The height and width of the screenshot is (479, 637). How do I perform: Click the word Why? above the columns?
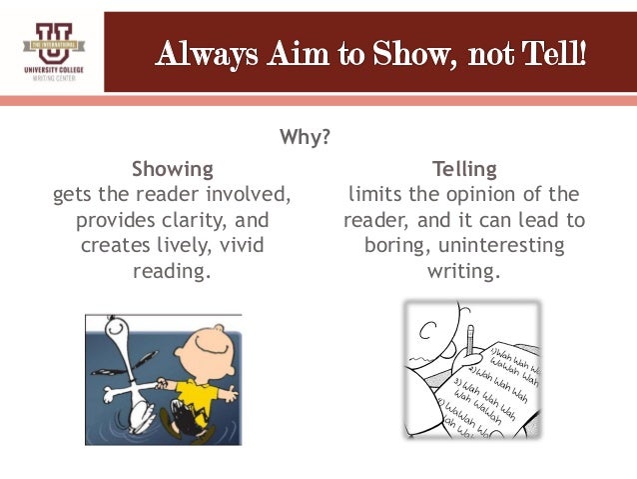[305, 136]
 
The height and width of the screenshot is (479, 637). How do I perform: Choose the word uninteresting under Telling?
[503, 245]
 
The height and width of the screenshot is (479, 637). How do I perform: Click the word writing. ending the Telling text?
[463, 271]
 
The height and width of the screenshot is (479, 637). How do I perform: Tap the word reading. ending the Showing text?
[173, 271]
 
